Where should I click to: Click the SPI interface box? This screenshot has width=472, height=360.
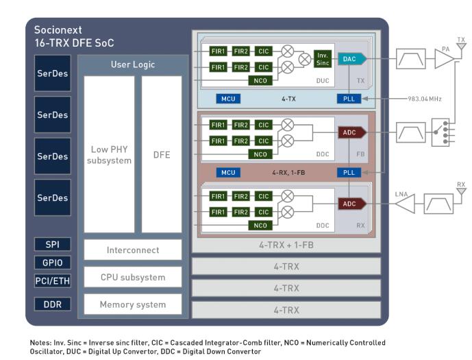(x=53, y=245)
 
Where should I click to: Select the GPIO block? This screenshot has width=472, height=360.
(x=53, y=263)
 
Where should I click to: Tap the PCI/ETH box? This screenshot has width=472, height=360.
(x=53, y=280)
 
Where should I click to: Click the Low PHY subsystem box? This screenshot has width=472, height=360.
(x=109, y=155)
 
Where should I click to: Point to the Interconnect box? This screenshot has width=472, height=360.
(x=133, y=250)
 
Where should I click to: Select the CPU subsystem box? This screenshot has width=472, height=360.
(x=133, y=277)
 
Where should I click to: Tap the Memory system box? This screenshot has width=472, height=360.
(x=133, y=304)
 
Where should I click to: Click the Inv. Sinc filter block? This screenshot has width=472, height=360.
(x=323, y=59)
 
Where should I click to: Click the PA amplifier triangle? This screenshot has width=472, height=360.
(x=443, y=60)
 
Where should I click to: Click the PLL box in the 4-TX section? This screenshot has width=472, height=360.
(x=348, y=99)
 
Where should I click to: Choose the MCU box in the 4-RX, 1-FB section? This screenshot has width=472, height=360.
(x=228, y=172)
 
